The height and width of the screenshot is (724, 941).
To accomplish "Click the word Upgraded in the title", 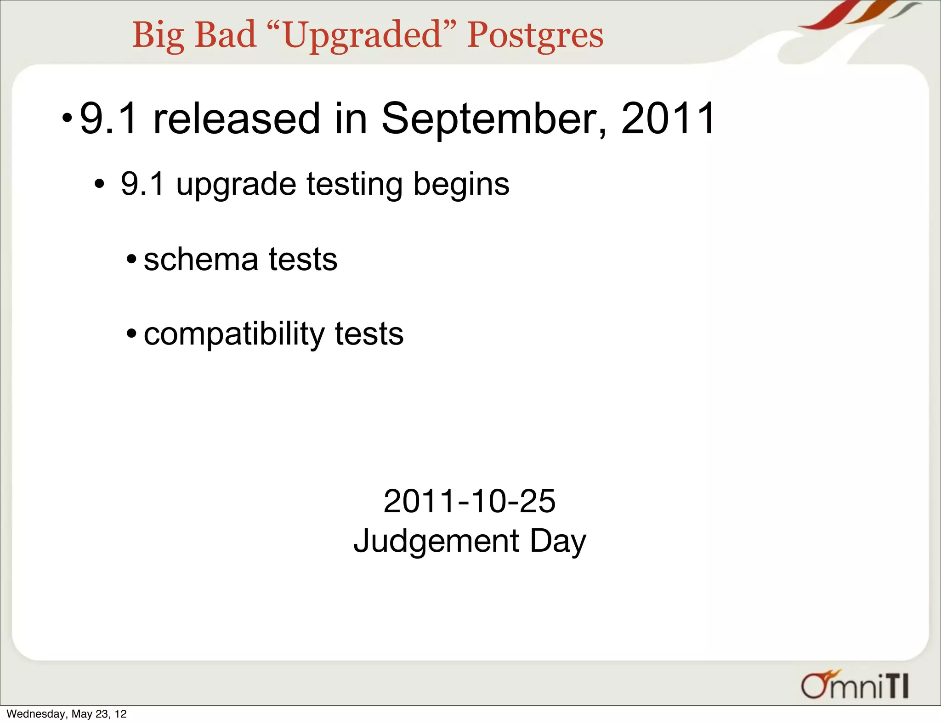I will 363,36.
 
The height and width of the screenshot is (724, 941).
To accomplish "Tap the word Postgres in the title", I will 535,36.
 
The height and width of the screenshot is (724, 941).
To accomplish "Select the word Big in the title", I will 158,36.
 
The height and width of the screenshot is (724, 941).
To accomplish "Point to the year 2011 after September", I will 668,119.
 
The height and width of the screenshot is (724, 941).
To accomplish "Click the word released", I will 236,119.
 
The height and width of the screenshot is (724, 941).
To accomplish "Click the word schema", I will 201,260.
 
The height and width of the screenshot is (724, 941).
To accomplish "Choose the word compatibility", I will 234,334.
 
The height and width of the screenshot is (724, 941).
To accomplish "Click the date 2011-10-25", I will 469,501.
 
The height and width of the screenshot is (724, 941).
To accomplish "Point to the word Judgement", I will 436,541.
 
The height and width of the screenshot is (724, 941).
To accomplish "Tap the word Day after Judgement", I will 558,541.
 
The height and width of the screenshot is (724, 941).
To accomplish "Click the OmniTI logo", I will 854,685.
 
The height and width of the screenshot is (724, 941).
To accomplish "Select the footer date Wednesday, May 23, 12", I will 67,714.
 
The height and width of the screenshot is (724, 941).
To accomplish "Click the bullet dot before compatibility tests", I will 132,333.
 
